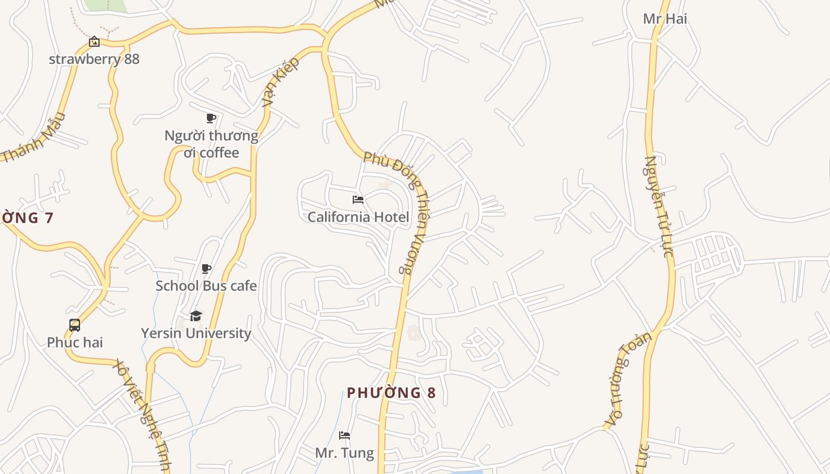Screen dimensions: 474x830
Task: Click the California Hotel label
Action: [358, 217]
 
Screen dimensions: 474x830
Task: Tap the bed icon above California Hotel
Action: [358, 200]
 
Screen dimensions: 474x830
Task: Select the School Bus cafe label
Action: [206, 286]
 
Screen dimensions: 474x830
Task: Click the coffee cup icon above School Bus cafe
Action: [206, 269]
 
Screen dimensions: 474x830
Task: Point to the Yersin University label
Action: [196, 333]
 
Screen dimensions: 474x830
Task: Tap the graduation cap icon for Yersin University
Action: [196, 316]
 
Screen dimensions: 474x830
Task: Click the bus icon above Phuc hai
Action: [75, 325]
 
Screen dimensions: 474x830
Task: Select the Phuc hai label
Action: [75, 342]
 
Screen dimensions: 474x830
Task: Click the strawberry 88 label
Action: [94, 59]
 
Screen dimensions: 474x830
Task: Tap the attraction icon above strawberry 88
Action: [94, 41]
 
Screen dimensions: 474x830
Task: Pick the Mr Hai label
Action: [665, 18]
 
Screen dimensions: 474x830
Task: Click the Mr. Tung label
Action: [344, 453]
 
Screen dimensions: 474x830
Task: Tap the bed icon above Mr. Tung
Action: [344, 435]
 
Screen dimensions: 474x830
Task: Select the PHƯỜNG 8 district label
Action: [391, 393]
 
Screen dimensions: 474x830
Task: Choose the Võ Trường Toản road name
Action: [628, 379]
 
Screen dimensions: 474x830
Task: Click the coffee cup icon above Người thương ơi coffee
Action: [211, 118]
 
